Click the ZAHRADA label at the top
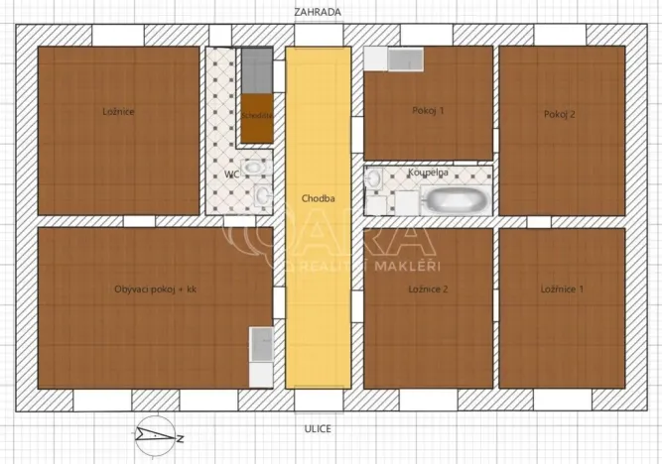point(318,13)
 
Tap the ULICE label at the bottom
point(318,428)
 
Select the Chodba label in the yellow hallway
point(318,198)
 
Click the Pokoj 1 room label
point(428,111)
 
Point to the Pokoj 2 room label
point(560,114)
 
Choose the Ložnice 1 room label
point(562,290)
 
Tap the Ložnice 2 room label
point(429,290)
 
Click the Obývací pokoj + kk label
point(156,290)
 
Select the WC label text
point(232,174)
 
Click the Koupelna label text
point(428,172)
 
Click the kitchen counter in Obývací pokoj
point(261,357)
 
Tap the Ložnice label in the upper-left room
point(118,112)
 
